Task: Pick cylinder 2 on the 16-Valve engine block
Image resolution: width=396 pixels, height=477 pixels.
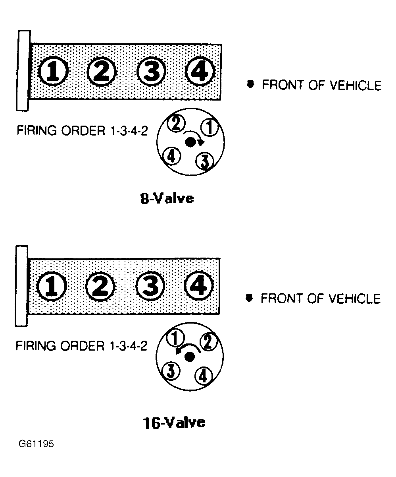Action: tap(100, 287)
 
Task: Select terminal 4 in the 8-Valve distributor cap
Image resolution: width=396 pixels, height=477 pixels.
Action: tap(172, 155)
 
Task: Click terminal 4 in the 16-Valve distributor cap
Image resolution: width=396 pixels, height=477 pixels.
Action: tap(203, 375)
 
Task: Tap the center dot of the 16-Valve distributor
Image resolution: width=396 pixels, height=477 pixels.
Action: tap(189, 357)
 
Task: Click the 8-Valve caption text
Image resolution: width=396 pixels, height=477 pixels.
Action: tap(167, 198)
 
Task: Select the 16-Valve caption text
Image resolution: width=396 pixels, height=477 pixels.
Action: tap(174, 422)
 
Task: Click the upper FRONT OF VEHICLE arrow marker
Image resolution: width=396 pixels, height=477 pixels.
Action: tap(250, 84)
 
